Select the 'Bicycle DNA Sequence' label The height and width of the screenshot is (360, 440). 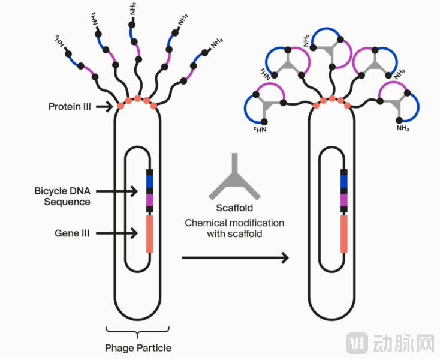[x=62, y=196]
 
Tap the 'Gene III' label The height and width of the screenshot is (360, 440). [x=72, y=233]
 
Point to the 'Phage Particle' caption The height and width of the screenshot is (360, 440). [x=138, y=348]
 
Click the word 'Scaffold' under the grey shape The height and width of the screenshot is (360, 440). [x=234, y=209]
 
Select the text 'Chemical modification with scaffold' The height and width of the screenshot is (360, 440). [x=234, y=228]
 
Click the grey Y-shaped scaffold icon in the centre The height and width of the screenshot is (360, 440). [x=234, y=178]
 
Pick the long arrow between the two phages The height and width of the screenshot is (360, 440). [x=234, y=258]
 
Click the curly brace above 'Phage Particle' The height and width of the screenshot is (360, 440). [x=138, y=331]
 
